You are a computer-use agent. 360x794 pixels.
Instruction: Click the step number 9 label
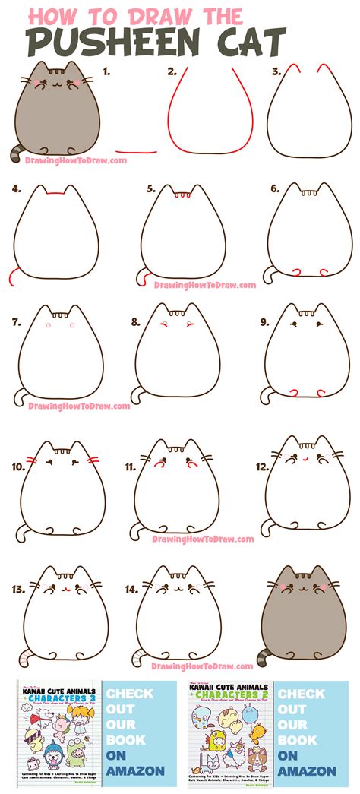[x=264, y=321]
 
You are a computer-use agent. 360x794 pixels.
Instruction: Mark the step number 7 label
[x=15, y=321]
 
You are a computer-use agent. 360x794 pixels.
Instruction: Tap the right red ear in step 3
[x=324, y=71]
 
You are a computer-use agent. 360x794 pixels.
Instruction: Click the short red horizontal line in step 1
[x=131, y=150]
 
